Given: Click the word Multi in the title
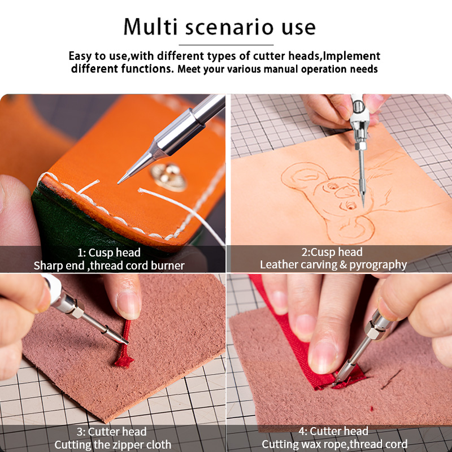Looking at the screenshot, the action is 150,27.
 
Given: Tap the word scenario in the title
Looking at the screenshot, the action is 229,28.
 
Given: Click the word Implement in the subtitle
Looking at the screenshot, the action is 351,56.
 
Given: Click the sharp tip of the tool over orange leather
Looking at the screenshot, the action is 119,182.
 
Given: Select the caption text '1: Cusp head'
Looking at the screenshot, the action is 109,253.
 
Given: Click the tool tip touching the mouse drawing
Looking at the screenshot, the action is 363,205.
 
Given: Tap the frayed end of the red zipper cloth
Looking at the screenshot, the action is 124,362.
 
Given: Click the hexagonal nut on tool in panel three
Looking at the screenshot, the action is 77,310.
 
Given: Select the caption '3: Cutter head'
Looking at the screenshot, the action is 111,432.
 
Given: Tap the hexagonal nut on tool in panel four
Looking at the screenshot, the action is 374,330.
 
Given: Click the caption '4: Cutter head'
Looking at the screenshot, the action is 333,431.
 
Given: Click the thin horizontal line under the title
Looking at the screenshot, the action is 226,45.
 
